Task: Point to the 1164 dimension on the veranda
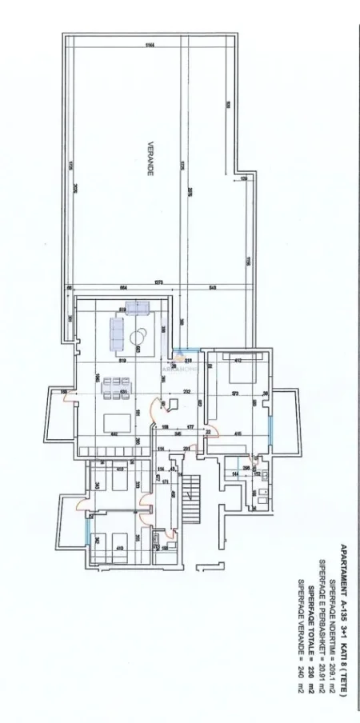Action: coord(150,44)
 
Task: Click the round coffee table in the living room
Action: coord(139,335)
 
